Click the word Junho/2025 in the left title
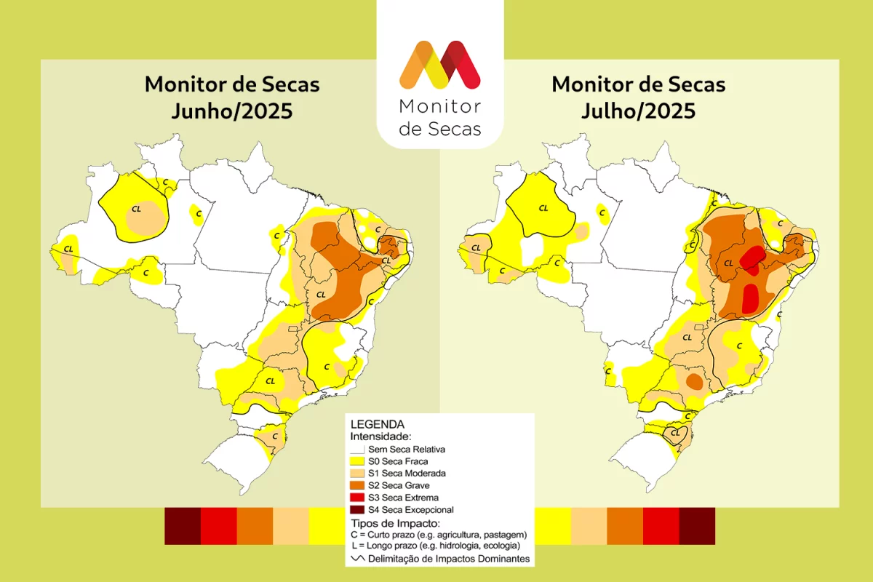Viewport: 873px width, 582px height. point(231,112)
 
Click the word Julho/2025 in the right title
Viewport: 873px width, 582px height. point(638,112)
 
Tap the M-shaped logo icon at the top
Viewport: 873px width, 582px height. point(439,65)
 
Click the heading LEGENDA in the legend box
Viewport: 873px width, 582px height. point(378,424)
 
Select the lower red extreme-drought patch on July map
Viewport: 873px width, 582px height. point(751,296)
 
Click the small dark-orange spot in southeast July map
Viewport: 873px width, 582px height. point(695,381)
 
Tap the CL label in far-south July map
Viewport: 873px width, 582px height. point(676,433)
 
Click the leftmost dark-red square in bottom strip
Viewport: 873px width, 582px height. point(183,525)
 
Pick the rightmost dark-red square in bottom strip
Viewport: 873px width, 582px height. point(697,525)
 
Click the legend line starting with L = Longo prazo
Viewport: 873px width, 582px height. point(435,546)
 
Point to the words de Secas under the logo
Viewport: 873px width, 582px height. point(440,129)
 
